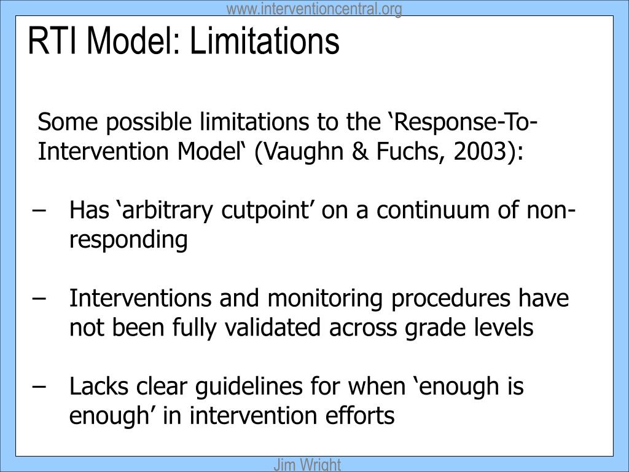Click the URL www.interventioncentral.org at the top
314,9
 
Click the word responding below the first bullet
128,240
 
